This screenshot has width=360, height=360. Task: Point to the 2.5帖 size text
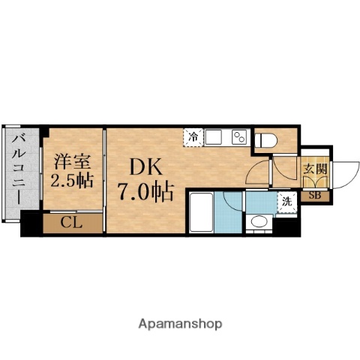coord(71,181)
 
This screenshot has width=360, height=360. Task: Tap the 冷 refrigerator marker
coord(193,137)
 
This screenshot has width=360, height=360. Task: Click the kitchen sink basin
coord(214,138)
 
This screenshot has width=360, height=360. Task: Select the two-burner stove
coord(239,138)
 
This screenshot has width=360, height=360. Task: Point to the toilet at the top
coord(265,139)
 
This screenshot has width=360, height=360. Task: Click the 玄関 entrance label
coord(314,169)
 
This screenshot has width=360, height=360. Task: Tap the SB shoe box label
coord(314,196)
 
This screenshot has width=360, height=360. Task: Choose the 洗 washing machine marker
coord(286,201)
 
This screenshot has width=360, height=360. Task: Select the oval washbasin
coord(259,222)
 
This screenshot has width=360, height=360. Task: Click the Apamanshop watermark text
coord(179,324)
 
